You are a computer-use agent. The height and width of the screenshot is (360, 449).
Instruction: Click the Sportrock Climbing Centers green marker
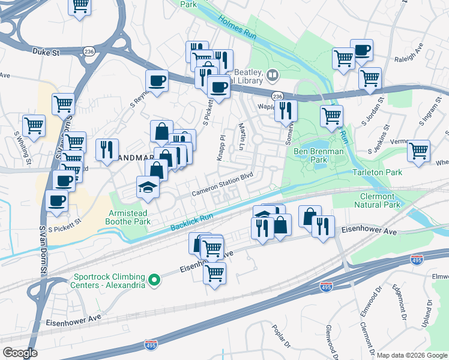pyautogui.click(x=154, y=280)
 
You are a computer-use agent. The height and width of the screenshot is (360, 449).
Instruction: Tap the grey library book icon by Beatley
pyautogui.click(x=273, y=75)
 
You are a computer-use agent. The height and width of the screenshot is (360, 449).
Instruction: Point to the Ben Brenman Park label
pyautogui.click(x=318, y=155)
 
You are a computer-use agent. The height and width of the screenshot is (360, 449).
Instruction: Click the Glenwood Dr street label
pyautogui.click(x=329, y=339)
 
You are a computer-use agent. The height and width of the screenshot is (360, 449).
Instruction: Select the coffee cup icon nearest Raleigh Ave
pyautogui.click(x=361, y=50)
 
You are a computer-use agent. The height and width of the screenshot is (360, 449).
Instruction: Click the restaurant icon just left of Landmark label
pyautogui.click(x=107, y=150)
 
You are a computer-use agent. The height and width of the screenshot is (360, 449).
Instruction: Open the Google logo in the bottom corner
pyautogui.click(x=20, y=352)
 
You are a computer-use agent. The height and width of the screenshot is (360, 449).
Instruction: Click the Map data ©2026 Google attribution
pyautogui.click(x=412, y=355)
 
